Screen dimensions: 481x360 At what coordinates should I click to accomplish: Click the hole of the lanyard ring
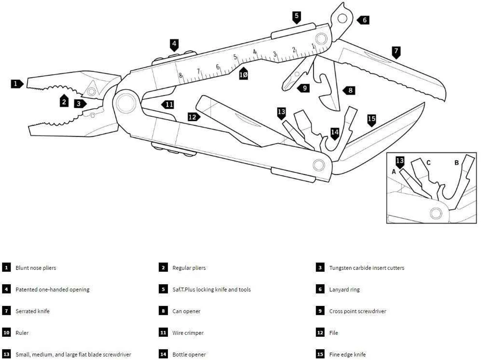(342, 18)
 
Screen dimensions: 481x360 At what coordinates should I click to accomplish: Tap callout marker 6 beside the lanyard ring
(363, 20)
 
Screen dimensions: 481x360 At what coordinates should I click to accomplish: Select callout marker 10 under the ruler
(244, 74)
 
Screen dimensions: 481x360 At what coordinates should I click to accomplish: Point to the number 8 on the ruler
(180, 75)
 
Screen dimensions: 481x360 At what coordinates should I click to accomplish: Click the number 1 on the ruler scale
(313, 46)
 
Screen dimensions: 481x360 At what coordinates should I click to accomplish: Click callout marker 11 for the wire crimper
(168, 105)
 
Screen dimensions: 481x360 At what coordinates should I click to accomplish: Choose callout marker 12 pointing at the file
(194, 117)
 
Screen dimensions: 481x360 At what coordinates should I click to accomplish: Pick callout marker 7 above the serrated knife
(396, 53)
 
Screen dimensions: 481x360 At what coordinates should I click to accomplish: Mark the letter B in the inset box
(457, 163)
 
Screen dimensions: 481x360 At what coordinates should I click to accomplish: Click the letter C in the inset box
(428, 163)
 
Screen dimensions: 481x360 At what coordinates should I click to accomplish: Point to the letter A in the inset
(394, 172)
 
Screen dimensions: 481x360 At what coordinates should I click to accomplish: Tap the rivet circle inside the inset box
(436, 213)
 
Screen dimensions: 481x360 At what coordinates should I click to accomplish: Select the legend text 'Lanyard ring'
(344, 289)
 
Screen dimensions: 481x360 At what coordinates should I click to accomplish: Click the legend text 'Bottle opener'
(189, 354)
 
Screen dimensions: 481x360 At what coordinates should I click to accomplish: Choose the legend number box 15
(320, 354)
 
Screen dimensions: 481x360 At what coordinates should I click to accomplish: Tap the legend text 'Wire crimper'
(188, 333)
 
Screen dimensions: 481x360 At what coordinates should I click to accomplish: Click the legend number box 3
(320, 267)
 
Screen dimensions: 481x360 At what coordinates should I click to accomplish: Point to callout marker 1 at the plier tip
(17, 84)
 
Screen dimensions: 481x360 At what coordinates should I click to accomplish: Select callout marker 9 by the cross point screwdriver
(304, 88)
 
